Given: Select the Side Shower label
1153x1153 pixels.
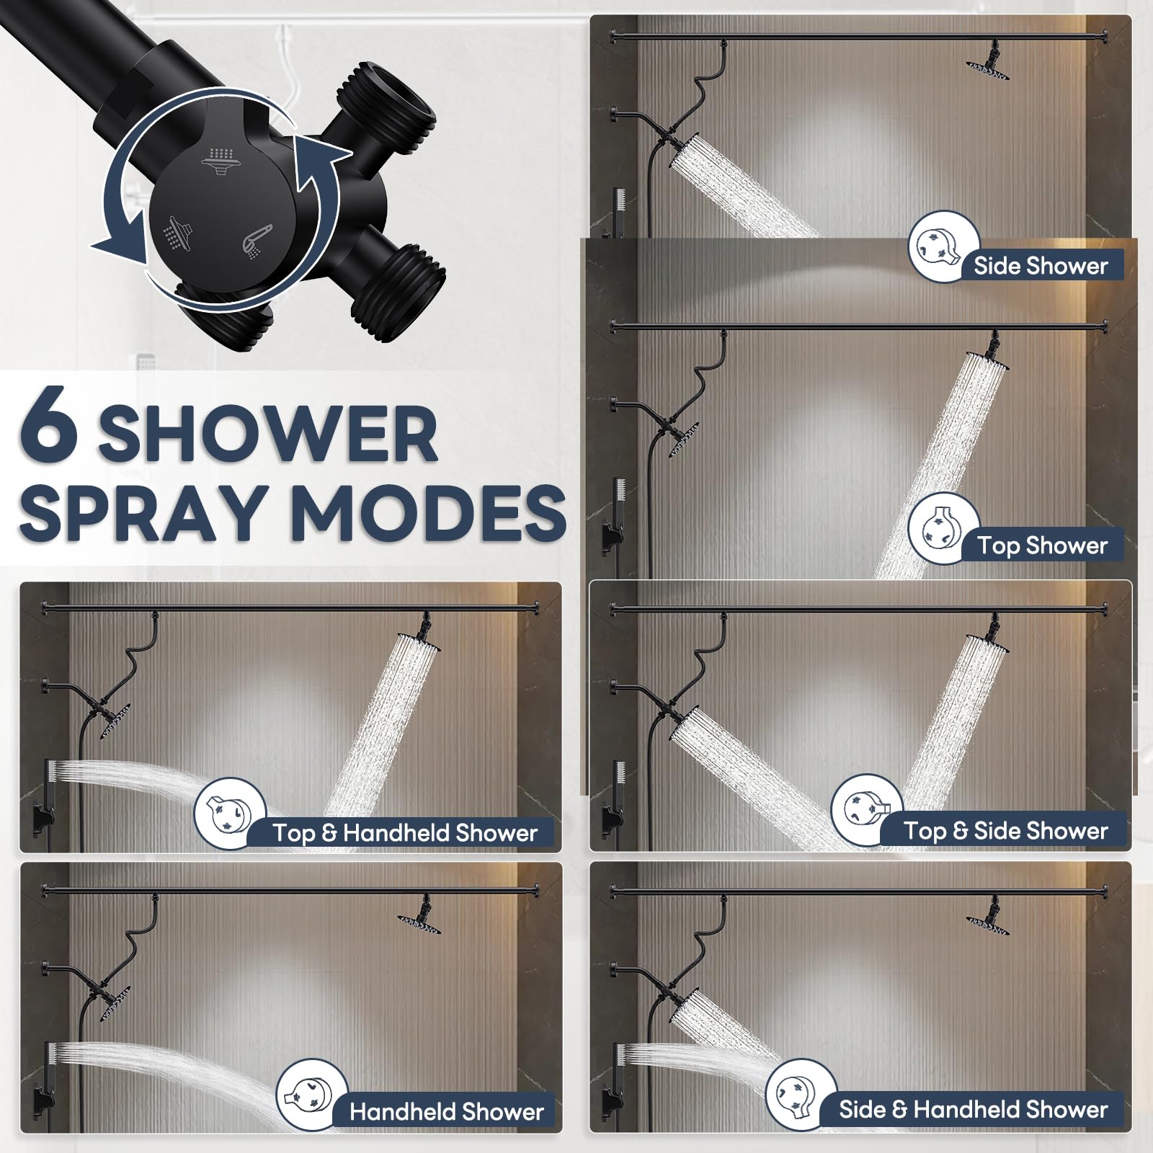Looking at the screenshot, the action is tap(1041, 266).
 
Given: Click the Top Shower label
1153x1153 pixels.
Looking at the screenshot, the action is tap(1042, 546).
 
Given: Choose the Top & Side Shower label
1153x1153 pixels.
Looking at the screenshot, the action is tap(1006, 831).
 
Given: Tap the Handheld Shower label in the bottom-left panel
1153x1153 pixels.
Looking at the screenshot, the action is tap(447, 1111).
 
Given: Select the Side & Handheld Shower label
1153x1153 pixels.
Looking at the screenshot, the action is tap(973, 1109).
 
